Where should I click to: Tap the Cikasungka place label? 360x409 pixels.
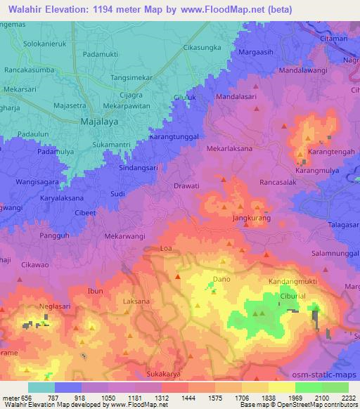coord(202,47)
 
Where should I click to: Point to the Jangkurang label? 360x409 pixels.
coord(252,219)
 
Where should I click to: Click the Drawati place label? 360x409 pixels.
coord(186,186)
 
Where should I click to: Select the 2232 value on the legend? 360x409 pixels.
coord(349,398)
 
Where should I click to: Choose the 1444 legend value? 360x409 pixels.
coord(188,398)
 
